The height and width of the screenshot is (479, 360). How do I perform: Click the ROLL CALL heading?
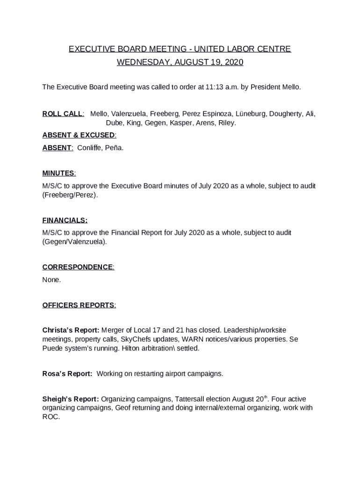tap(63, 114)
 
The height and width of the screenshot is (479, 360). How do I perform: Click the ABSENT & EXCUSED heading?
tap(79, 135)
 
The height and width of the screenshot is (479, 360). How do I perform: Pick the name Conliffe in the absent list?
tap(91, 148)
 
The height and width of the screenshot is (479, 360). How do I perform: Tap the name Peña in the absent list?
tap(115, 148)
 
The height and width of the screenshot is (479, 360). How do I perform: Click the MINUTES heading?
tap(58, 173)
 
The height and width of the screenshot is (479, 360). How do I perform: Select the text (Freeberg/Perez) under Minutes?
tap(70, 195)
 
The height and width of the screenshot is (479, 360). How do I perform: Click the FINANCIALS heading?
tap(65, 220)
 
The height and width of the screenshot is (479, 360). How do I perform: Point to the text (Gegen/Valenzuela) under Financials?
tap(74, 242)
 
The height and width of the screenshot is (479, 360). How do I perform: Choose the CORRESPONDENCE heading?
tap(78, 267)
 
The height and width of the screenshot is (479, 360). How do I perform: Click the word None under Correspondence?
tap(51, 280)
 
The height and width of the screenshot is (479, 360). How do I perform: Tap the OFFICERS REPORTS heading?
tap(79, 305)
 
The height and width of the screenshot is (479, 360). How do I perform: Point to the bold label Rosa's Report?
tap(67, 374)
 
